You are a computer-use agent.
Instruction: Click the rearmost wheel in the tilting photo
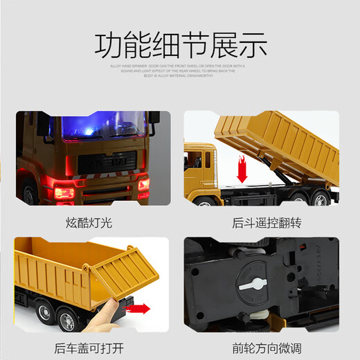[322, 199]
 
